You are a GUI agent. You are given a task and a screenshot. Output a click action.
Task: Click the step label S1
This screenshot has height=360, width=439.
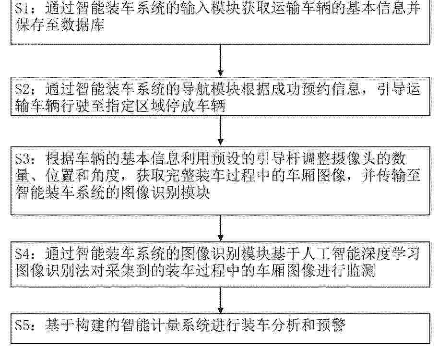point(22,9)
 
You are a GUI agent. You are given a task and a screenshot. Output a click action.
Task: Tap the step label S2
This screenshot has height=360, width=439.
point(23,90)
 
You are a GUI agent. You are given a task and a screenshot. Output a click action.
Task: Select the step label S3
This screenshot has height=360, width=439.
point(23,159)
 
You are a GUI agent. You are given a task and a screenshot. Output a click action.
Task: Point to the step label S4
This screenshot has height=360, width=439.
point(23,254)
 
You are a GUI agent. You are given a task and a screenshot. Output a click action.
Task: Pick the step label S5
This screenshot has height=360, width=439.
point(23,325)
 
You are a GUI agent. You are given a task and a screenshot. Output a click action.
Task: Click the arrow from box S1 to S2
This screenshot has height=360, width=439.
point(221,60)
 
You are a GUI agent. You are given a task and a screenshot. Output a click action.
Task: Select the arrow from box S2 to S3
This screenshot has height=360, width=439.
point(221,130)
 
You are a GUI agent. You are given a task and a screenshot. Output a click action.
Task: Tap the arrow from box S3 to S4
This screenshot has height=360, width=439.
point(221,228)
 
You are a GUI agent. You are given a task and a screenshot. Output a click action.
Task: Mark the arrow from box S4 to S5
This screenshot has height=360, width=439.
point(221,300)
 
